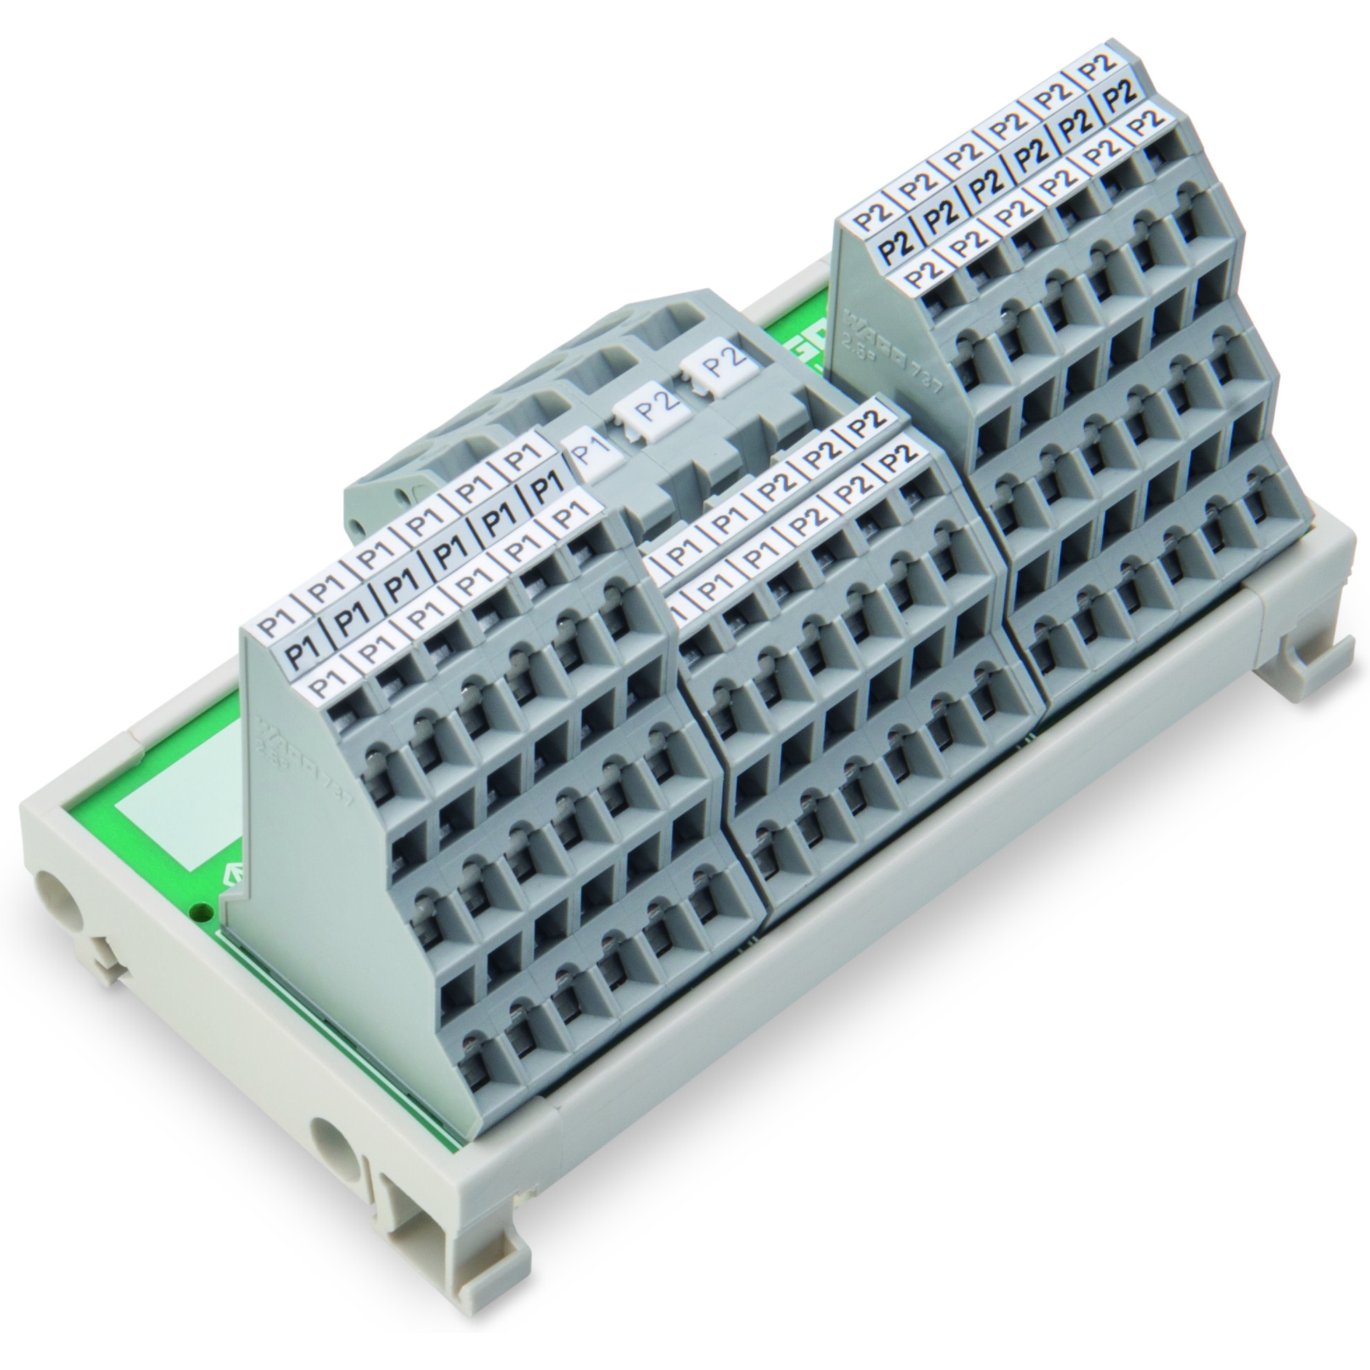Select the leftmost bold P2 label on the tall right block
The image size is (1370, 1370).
(895, 246)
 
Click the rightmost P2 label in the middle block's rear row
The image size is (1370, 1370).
(866, 422)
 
